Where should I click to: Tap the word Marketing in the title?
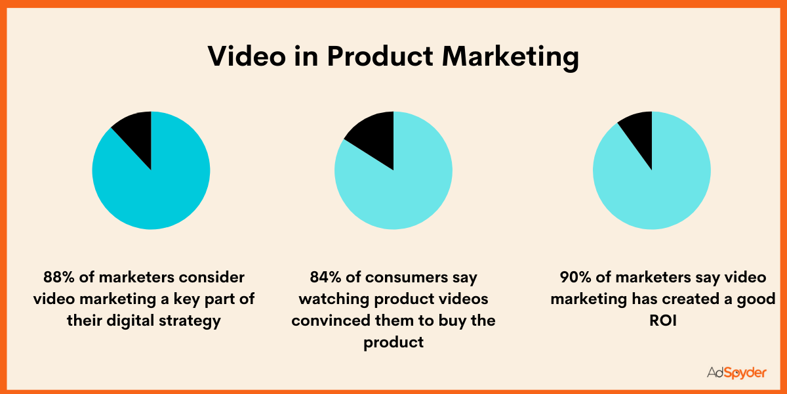[x=510, y=57]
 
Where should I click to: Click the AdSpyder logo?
[x=736, y=372]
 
